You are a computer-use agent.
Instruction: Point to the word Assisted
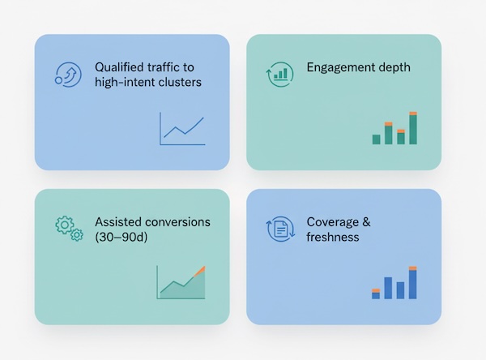[117, 221]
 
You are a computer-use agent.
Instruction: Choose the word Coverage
[332, 221]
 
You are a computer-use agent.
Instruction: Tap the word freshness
[333, 237]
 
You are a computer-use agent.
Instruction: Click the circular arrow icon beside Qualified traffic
[66, 74]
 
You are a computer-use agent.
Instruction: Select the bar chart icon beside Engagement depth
[279, 75]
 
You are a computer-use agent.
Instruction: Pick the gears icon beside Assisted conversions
[69, 228]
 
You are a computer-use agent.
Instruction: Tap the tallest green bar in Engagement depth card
[413, 129]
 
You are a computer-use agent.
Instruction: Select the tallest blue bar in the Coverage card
[413, 284]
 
